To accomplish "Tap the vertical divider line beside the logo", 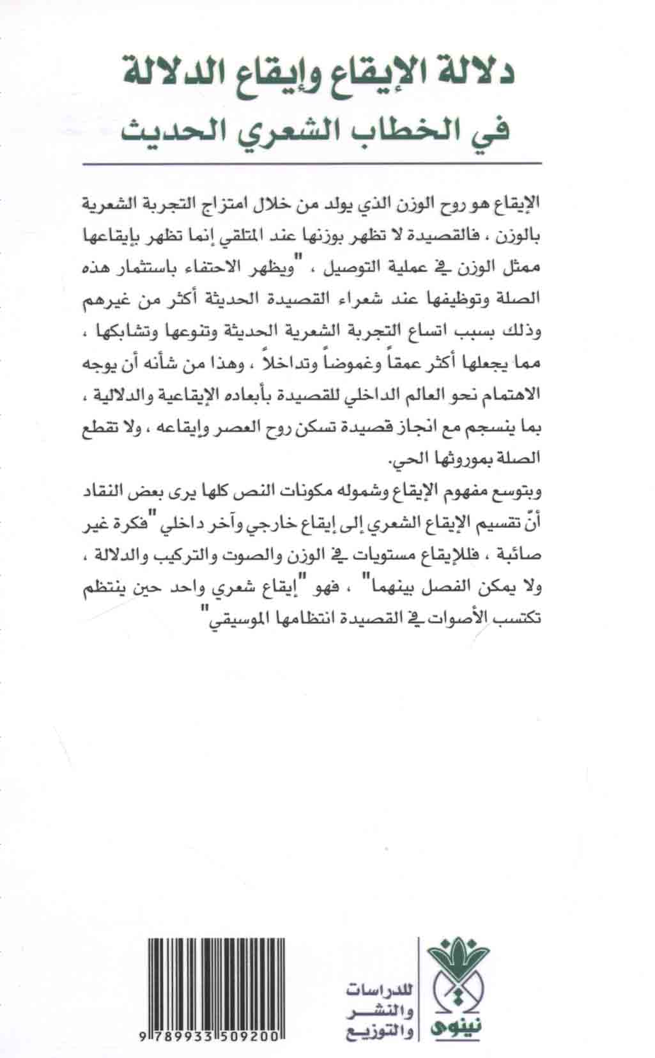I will click(419, 984).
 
